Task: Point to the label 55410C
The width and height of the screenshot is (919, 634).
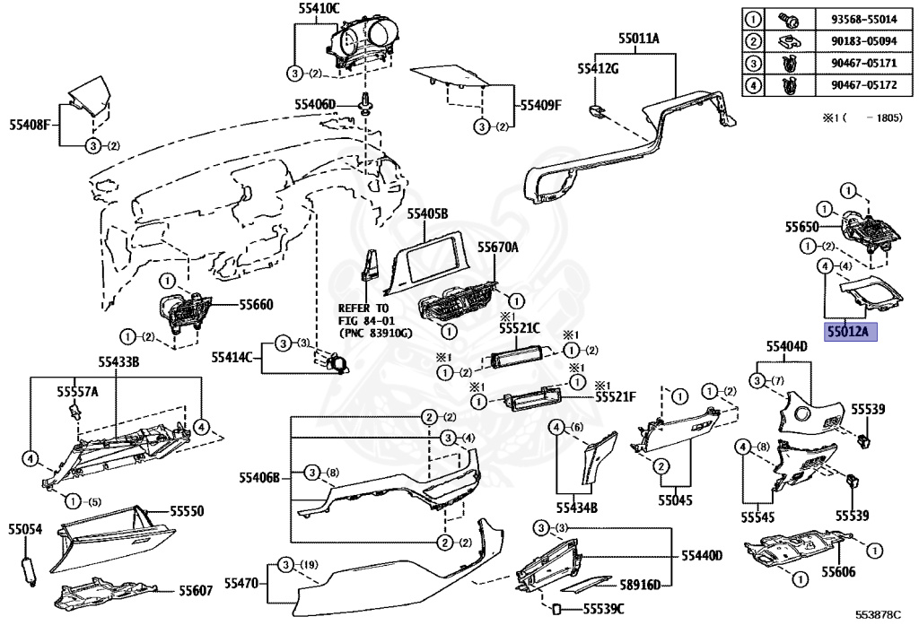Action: pyautogui.click(x=319, y=9)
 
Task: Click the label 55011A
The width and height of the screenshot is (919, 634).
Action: pyautogui.click(x=638, y=39)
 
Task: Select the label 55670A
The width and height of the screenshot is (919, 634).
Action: pyautogui.click(x=498, y=245)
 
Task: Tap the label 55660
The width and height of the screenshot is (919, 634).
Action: pyautogui.click(x=256, y=305)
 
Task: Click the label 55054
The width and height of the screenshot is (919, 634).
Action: pyautogui.click(x=25, y=530)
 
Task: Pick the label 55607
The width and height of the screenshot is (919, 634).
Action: pyautogui.click(x=195, y=591)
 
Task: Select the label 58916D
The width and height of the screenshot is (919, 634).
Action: pyautogui.click(x=640, y=585)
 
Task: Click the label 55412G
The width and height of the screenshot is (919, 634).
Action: pyautogui.click(x=598, y=69)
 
